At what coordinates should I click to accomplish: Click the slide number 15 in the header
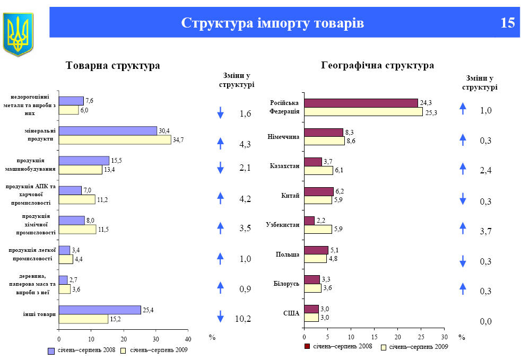(x=507, y=23)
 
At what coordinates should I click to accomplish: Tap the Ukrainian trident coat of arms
(x=18, y=34)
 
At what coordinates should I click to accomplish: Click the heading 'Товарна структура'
(x=113, y=66)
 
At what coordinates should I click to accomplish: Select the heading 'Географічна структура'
(x=378, y=66)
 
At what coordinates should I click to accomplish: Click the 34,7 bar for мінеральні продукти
(x=115, y=140)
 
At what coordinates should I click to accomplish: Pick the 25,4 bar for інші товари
(x=100, y=310)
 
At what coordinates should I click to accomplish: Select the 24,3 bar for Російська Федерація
(x=361, y=103)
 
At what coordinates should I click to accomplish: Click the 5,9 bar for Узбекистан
(x=318, y=229)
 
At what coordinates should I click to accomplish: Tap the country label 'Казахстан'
(x=284, y=166)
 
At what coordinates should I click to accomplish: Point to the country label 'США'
(x=291, y=313)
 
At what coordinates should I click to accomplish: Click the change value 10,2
(x=242, y=319)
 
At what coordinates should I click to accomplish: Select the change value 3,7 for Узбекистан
(x=486, y=232)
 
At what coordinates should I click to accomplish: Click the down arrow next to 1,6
(x=221, y=112)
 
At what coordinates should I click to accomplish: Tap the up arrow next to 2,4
(x=463, y=169)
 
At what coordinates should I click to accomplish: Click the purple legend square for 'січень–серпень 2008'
(x=51, y=350)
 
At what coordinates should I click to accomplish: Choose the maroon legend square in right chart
(x=307, y=346)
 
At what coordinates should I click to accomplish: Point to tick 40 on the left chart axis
(x=188, y=338)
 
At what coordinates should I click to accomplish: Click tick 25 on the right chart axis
(x=421, y=336)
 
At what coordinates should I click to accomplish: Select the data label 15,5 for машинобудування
(x=117, y=160)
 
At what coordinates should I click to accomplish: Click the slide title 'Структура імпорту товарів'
(x=273, y=23)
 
